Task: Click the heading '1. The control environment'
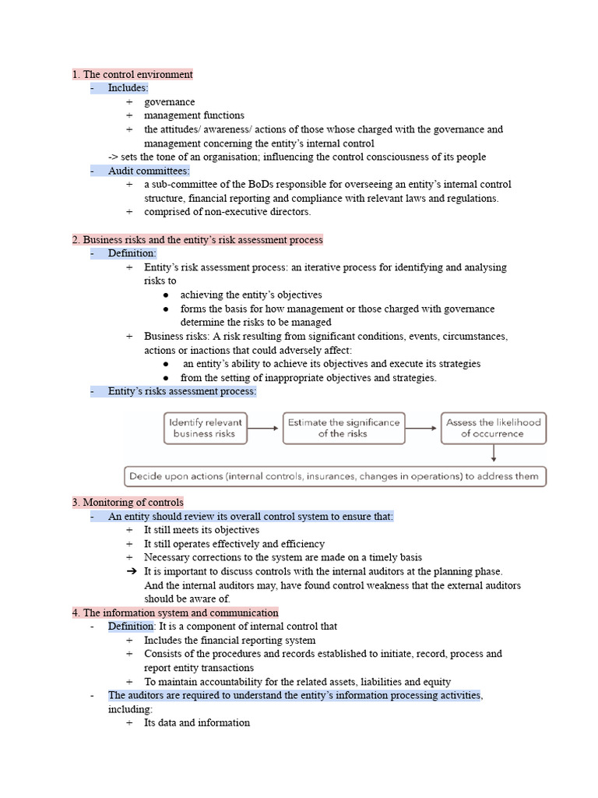tap(132, 75)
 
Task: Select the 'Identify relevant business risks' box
tap(205, 428)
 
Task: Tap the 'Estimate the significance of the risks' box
tap(343, 428)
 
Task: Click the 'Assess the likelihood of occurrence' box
tap(493, 428)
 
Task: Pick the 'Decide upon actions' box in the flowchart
tap(336, 476)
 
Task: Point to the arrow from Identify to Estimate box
tap(264, 428)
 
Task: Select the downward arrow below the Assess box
tap(494, 455)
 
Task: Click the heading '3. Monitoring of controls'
tap(128, 503)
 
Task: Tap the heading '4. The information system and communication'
tap(175, 613)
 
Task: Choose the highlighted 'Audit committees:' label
tap(149, 171)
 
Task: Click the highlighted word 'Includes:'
tap(128, 88)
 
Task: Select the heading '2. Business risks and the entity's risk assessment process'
tap(197, 240)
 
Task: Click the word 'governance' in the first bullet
tap(169, 102)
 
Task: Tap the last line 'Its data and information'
tap(197, 723)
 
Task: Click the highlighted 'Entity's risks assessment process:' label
tap(181, 392)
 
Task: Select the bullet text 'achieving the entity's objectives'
tap(251, 295)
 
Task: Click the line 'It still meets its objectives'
tap(202, 530)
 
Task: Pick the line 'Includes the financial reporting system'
tap(230, 641)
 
